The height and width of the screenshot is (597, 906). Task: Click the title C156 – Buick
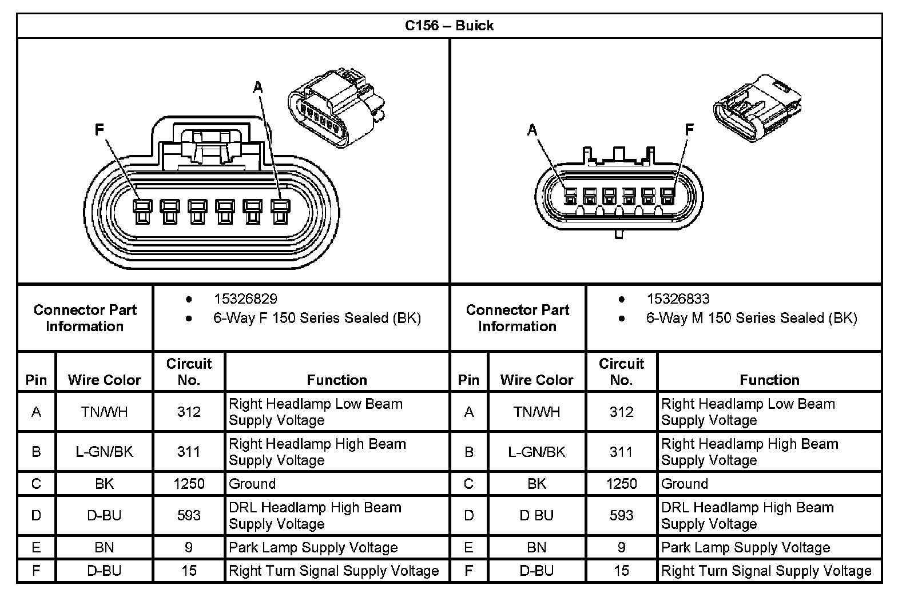(x=449, y=26)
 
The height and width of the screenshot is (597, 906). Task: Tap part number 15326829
(x=245, y=298)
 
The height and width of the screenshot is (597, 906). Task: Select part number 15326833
(x=678, y=298)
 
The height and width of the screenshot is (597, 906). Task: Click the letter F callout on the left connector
(x=100, y=130)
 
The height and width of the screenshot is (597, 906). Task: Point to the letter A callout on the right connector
(x=533, y=130)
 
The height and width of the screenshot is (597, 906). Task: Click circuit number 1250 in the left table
(x=189, y=484)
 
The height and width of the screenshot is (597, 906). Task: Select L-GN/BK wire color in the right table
(x=537, y=452)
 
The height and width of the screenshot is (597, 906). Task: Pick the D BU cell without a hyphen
(x=537, y=515)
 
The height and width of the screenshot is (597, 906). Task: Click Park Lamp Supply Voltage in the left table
(x=313, y=547)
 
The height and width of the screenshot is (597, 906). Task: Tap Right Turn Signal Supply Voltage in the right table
(x=766, y=571)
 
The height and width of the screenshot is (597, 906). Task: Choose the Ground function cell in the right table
(x=685, y=484)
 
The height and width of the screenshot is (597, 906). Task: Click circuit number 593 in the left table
(x=189, y=515)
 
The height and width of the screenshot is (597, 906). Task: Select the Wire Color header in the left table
(x=104, y=380)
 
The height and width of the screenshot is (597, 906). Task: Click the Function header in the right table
(x=769, y=380)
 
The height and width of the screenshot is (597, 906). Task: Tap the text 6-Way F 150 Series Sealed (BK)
(x=317, y=318)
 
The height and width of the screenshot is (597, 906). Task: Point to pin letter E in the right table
(x=468, y=547)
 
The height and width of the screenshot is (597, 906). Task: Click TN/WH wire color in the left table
(x=104, y=412)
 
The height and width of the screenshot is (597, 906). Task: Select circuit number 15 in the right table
(x=621, y=571)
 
